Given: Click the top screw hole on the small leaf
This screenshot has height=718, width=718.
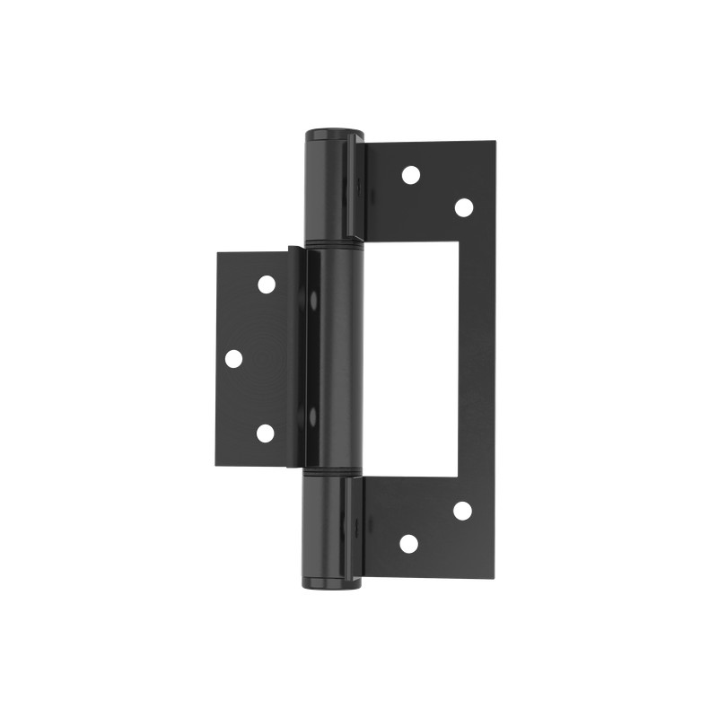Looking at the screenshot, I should pos(266,285).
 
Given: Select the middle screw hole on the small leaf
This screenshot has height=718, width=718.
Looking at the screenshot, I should pos(232,358).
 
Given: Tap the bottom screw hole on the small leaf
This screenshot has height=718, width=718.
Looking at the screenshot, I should pos(266,433).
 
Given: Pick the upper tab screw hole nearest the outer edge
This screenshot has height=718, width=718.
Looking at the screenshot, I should pos(463,207).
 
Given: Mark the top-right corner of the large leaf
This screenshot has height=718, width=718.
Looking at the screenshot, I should pos(495,141).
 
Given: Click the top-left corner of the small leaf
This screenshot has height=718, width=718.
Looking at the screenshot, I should pos(216,252).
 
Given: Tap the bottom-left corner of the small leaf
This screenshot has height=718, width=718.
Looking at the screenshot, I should pos(216,466).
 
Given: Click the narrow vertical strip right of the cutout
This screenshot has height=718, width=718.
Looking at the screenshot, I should pos(477,359).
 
